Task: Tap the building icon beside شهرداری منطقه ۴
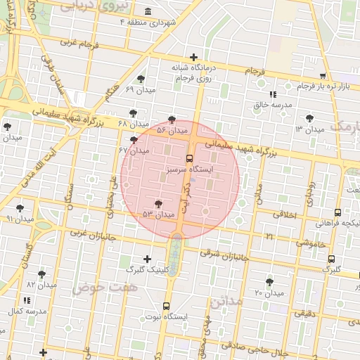(x=147, y=12)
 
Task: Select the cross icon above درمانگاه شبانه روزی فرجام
(x=194, y=57)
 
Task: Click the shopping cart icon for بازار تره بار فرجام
(x=323, y=75)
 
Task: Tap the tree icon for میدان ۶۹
(x=141, y=79)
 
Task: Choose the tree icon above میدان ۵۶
(x=172, y=120)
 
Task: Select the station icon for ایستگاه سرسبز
(x=189, y=158)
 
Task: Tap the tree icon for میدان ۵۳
(x=158, y=203)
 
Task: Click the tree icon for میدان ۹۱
(x=20, y=208)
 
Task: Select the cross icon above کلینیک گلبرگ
(x=147, y=259)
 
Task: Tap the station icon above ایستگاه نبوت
(x=166, y=306)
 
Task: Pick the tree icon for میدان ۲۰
(x=269, y=282)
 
